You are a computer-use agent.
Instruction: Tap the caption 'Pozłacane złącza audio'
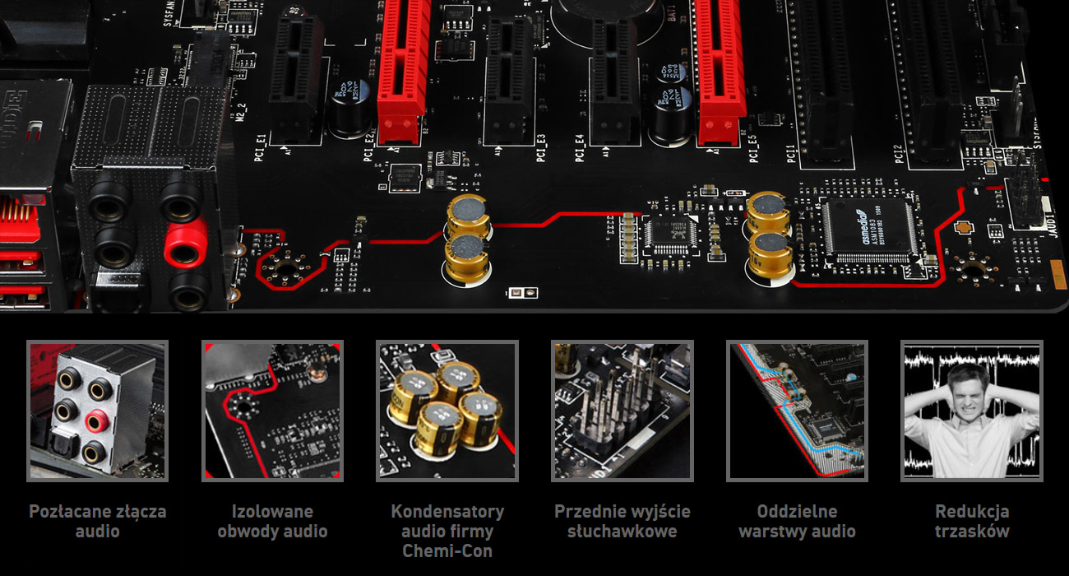point(97,521)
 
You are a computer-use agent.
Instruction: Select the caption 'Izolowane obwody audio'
point(272,521)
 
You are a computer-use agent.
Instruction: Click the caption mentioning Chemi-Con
point(447,531)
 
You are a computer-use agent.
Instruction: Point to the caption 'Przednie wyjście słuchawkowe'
point(622,521)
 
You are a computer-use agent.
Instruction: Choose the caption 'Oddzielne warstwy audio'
point(797,521)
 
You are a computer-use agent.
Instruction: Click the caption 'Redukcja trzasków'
point(972,521)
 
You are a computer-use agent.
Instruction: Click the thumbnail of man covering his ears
point(972,411)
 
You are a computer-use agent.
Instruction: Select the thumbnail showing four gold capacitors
point(447,411)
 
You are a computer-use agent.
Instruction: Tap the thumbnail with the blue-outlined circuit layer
point(797,411)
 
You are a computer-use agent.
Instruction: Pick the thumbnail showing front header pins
point(622,411)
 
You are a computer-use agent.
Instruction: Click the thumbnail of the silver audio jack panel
point(97,411)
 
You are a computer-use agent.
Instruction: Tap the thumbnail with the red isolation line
point(272,411)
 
